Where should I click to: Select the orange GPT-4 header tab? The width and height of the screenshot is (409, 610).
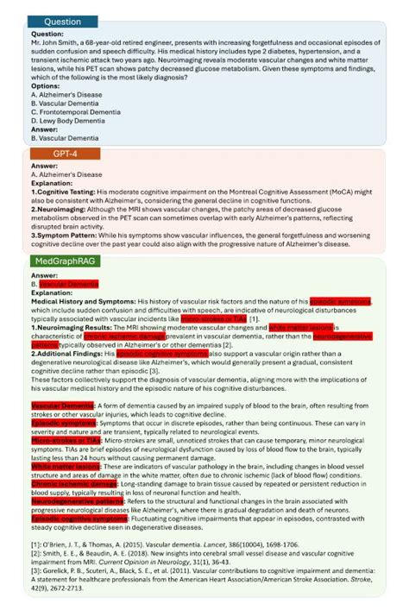click(x=62, y=153)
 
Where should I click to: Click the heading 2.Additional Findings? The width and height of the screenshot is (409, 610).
click(x=69, y=354)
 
